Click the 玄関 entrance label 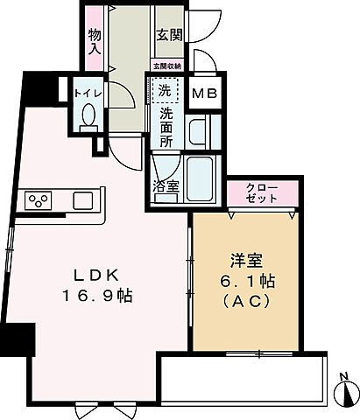(168, 36)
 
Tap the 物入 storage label (95, 42)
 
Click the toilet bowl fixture (88, 115)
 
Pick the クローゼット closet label (263, 193)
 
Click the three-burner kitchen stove (38, 201)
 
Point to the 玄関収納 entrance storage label (166, 66)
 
